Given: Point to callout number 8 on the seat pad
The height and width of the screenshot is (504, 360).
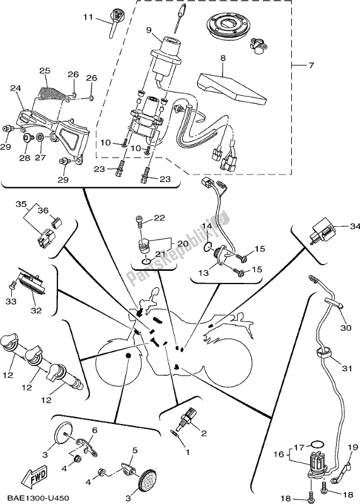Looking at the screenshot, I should (x=223, y=58).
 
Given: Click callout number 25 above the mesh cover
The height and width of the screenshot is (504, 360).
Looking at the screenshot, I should (x=44, y=70).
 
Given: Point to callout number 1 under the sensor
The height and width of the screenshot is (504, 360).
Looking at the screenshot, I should (x=187, y=452).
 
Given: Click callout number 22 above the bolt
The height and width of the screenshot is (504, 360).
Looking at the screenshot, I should (x=158, y=217).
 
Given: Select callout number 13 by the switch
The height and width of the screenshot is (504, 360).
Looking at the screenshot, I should (x=202, y=273).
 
